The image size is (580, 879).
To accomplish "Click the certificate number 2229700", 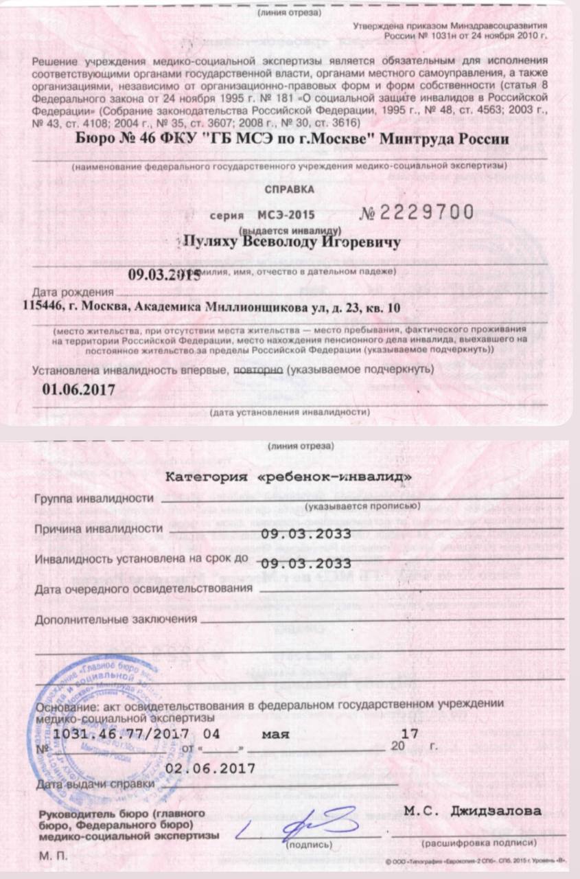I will [426, 212].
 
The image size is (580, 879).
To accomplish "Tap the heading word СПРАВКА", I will [290, 188].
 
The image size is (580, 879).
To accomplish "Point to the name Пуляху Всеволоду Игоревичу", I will [289, 242].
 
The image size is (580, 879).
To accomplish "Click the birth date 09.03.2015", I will [165, 275].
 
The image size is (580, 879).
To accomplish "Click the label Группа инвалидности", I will [93, 499].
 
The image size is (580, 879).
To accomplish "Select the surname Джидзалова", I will [495, 811].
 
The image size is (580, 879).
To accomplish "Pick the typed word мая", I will [276, 734].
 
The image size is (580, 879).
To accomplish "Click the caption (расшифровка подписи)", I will [478, 842].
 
